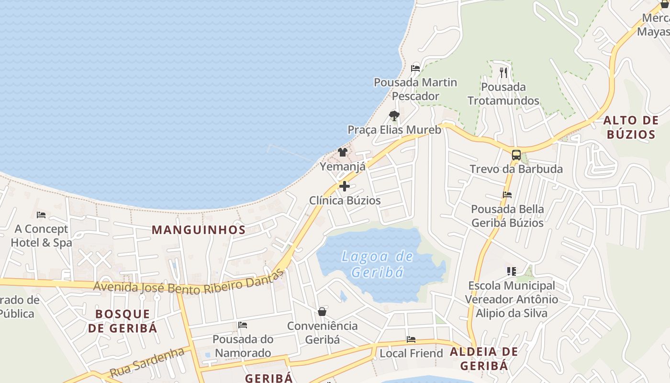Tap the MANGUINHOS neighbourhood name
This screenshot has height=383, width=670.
[x=199, y=230]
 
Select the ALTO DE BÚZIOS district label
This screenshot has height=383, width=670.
[x=631, y=127]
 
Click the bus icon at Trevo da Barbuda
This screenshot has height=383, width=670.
[x=516, y=155]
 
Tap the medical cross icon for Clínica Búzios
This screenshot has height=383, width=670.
[x=344, y=186]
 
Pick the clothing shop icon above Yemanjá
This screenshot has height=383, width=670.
[x=343, y=153]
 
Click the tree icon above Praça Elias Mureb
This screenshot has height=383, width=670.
[x=394, y=115]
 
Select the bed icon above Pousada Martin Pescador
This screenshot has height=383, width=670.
[x=415, y=68]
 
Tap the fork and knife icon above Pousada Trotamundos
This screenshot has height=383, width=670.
[x=503, y=73]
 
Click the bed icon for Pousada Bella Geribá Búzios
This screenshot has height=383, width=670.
[x=507, y=195]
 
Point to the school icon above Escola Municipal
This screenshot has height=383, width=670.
[x=511, y=271]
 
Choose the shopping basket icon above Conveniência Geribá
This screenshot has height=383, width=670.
[x=322, y=312]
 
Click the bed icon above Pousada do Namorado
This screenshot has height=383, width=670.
[x=243, y=325]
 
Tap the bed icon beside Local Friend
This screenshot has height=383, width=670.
[x=411, y=339]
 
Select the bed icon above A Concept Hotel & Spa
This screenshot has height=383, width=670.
[x=41, y=215]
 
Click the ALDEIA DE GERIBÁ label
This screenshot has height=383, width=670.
[x=484, y=359]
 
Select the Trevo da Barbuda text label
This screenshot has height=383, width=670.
[x=516, y=169]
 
